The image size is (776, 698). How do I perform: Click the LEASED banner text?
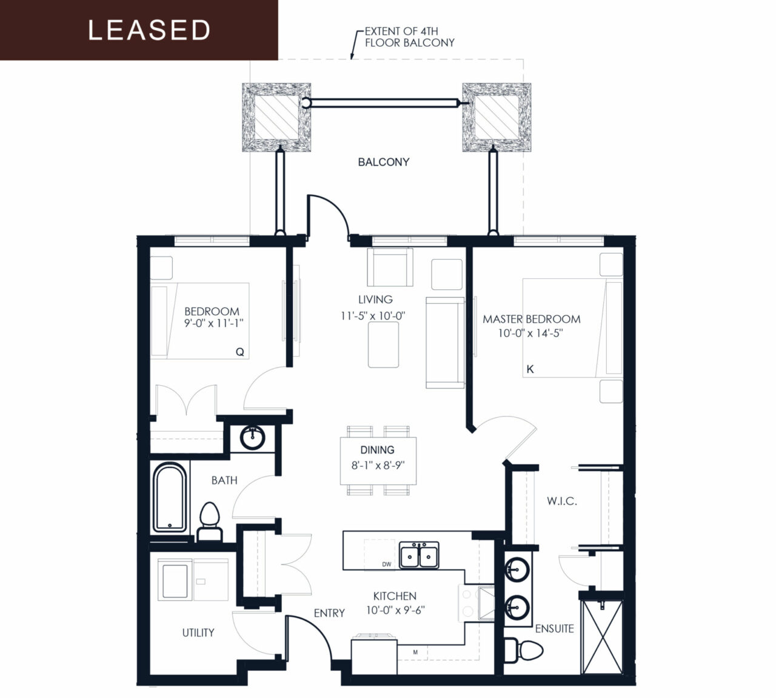coord(149,30)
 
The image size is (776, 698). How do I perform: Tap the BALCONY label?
coord(383,162)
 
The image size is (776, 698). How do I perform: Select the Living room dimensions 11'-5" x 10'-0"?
coord(372,316)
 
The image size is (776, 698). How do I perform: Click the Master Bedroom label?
coord(532,319)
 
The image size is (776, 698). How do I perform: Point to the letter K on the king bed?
coord(530,369)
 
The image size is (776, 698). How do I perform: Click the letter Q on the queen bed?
coord(240,352)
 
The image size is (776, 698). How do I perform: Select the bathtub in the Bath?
coord(170,497)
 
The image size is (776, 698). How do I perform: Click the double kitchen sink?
coord(419,555)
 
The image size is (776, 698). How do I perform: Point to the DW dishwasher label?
coord(386,564)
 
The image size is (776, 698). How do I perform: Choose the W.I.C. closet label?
coord(562,502)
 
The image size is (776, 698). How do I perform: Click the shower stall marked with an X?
coord(602,637)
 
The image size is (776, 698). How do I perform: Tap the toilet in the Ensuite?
coord(524,650)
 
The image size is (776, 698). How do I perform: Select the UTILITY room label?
coord(198,633)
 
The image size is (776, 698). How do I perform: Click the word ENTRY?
coord(329,613)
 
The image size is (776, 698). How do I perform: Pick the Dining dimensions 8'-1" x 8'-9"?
coord(378,465)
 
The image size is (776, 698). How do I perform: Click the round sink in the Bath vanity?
coord(253,438)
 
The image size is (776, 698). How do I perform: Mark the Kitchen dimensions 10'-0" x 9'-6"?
coord(395,610)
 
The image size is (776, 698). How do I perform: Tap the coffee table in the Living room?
coord(383,344)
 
